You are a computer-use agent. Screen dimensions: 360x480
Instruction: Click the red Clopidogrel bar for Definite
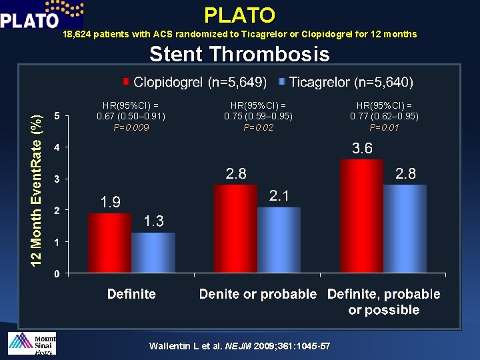[109, 243]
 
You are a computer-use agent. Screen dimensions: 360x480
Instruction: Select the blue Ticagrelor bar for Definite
[153, 253]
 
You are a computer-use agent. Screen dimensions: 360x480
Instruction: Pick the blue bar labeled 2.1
[279, 240]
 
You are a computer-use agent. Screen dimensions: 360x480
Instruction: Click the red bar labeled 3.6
[361, 216]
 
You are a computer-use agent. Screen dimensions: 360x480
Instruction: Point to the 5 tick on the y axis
[57, 116]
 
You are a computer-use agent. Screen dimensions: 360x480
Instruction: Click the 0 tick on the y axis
[57, 273]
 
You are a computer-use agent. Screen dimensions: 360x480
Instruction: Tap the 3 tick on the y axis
[57, 179]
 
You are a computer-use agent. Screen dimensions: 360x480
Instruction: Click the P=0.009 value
[131, 127]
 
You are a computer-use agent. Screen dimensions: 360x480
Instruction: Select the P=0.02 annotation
[258, 127]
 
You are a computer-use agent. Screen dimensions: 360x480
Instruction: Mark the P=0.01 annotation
[384, 127]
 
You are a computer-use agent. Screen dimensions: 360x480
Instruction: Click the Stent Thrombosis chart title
[239, 54]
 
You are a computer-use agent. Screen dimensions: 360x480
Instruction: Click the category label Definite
[131, 294]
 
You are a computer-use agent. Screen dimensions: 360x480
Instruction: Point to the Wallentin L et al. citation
[240, 346]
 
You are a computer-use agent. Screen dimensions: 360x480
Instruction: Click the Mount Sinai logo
[31, 343]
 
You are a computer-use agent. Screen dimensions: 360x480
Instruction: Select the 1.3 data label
[153, 221]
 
